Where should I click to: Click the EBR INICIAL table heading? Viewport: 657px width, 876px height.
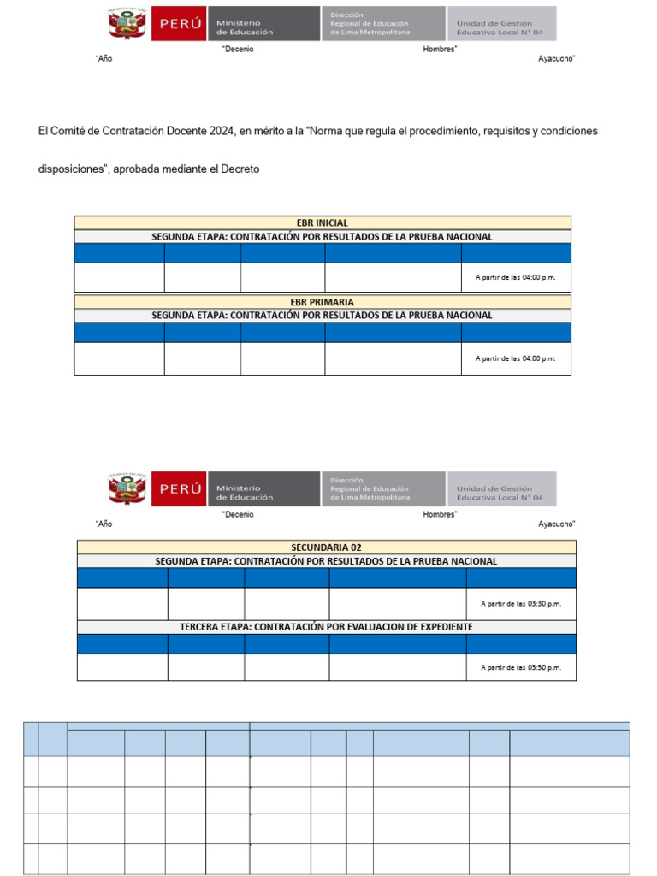tap(322, 222)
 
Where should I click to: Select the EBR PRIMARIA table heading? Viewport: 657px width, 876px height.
tap(322, 302)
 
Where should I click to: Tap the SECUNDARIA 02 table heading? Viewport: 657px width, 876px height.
tap(326, 547)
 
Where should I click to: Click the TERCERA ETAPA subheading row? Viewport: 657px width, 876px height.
tap(326, 627)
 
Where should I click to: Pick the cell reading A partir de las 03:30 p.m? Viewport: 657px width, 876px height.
tap(521, 604)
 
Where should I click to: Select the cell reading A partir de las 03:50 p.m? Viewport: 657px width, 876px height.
tap(521, 667)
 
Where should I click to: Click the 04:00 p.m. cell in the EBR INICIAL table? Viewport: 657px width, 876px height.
tap(515, 277)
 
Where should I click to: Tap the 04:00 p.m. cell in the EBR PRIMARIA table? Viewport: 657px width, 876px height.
tap(515, 358)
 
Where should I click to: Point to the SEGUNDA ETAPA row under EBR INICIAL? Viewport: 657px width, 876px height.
tap(322, 236)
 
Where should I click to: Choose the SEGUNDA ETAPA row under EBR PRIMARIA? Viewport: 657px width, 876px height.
tap(322, 315)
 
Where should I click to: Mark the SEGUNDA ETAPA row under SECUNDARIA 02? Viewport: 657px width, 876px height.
tap(326, 561)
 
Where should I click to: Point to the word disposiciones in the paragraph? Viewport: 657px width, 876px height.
tap(70, 169)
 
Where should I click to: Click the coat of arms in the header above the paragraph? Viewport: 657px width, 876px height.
tap(127, 24)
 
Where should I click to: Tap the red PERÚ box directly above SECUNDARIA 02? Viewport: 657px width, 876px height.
tap(180, 488)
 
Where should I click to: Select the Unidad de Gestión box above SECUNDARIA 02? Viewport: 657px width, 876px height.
tap(501, 488)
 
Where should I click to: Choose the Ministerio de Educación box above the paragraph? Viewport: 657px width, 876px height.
tap(263, 24)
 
